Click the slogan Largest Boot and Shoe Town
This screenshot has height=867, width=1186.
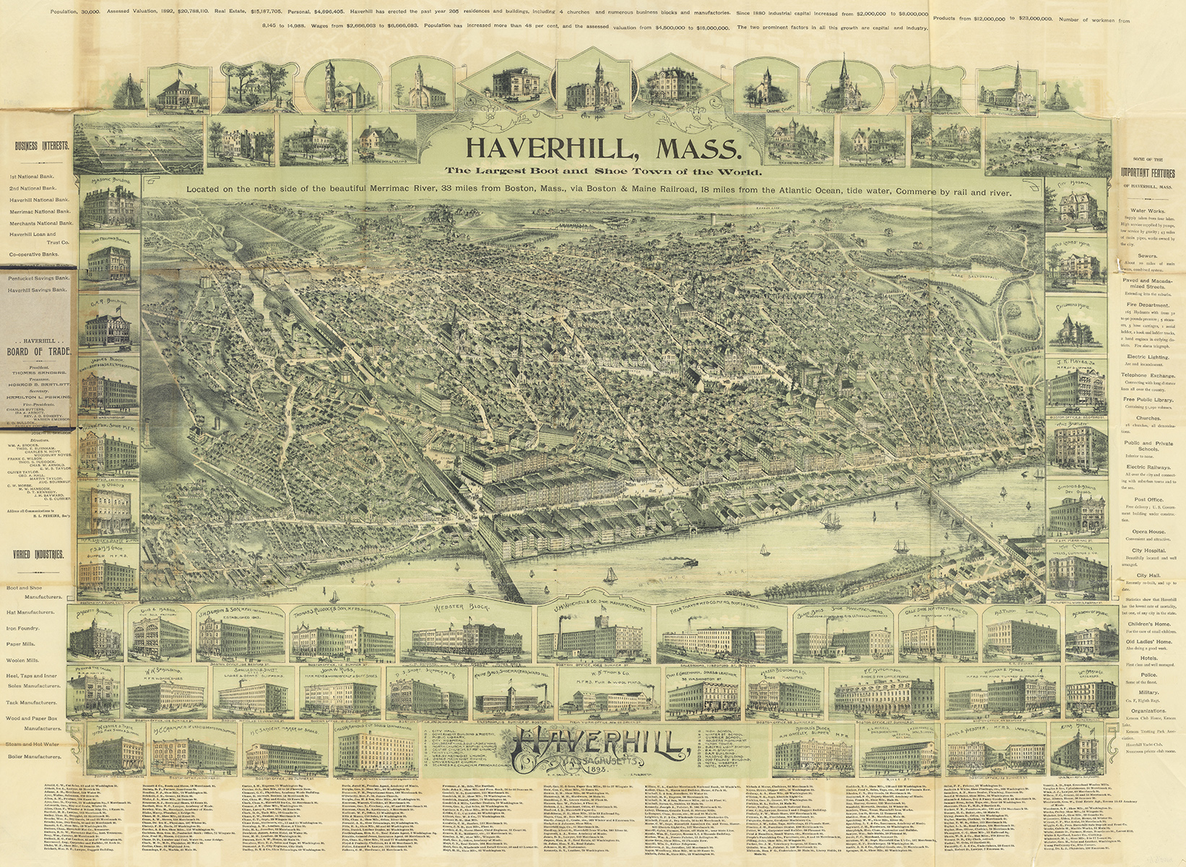coord(602,172)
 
